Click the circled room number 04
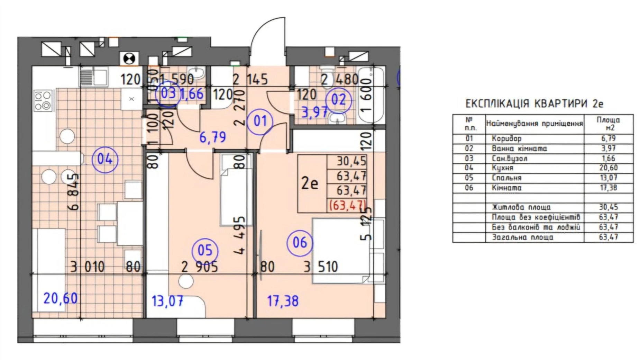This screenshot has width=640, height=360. pyautogui.click(x=105, y=159)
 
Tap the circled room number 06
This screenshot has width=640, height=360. pyautogui.click(x=300, y=243)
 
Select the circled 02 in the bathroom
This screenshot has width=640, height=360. pyautogui.click(x=338, y=100)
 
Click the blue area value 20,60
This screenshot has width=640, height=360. pyautogui.click(x=60, y=298)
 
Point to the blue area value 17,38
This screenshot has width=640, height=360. pyautogui.click(x=282, y=301)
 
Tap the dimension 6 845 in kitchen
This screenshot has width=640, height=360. pyautogui.click(x=74, y=192)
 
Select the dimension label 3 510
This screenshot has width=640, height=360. pyautogui.click(x=321, y=267)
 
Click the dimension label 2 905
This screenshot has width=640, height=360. pyautogui.click(x=200, y=267)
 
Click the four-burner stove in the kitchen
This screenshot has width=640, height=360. pyautogui.click(x=43, y=100)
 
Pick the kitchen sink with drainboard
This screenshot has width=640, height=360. pyautogui.click(x=93, y=76)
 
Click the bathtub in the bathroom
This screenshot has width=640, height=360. pyautogui.click(x=371, y=95)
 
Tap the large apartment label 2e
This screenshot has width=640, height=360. pyautogui.click(x=309, y=183)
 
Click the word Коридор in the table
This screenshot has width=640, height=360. pyautogui.click(x=506, y=138)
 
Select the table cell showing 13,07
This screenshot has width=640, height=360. pyautogui.click(x=608, y=178)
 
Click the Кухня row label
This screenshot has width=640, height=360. pyautogui.click(x=502, y=168)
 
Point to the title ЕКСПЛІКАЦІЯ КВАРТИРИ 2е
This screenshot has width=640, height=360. pyautogui.click(x=534, y=103)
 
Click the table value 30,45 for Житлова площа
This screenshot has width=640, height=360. pyautogui.click(x=608, y=207)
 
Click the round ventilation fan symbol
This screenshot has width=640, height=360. pyautogui.click(x=129, y=58)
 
